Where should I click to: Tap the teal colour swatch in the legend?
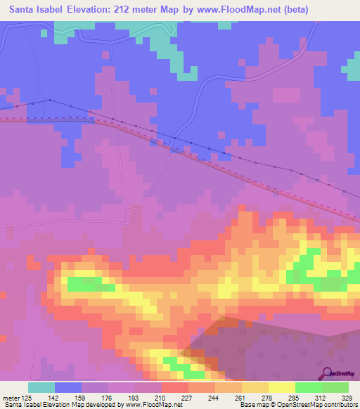(41, 387)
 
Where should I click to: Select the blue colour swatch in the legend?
(68, 387)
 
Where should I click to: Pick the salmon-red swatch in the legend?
(175, 387)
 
